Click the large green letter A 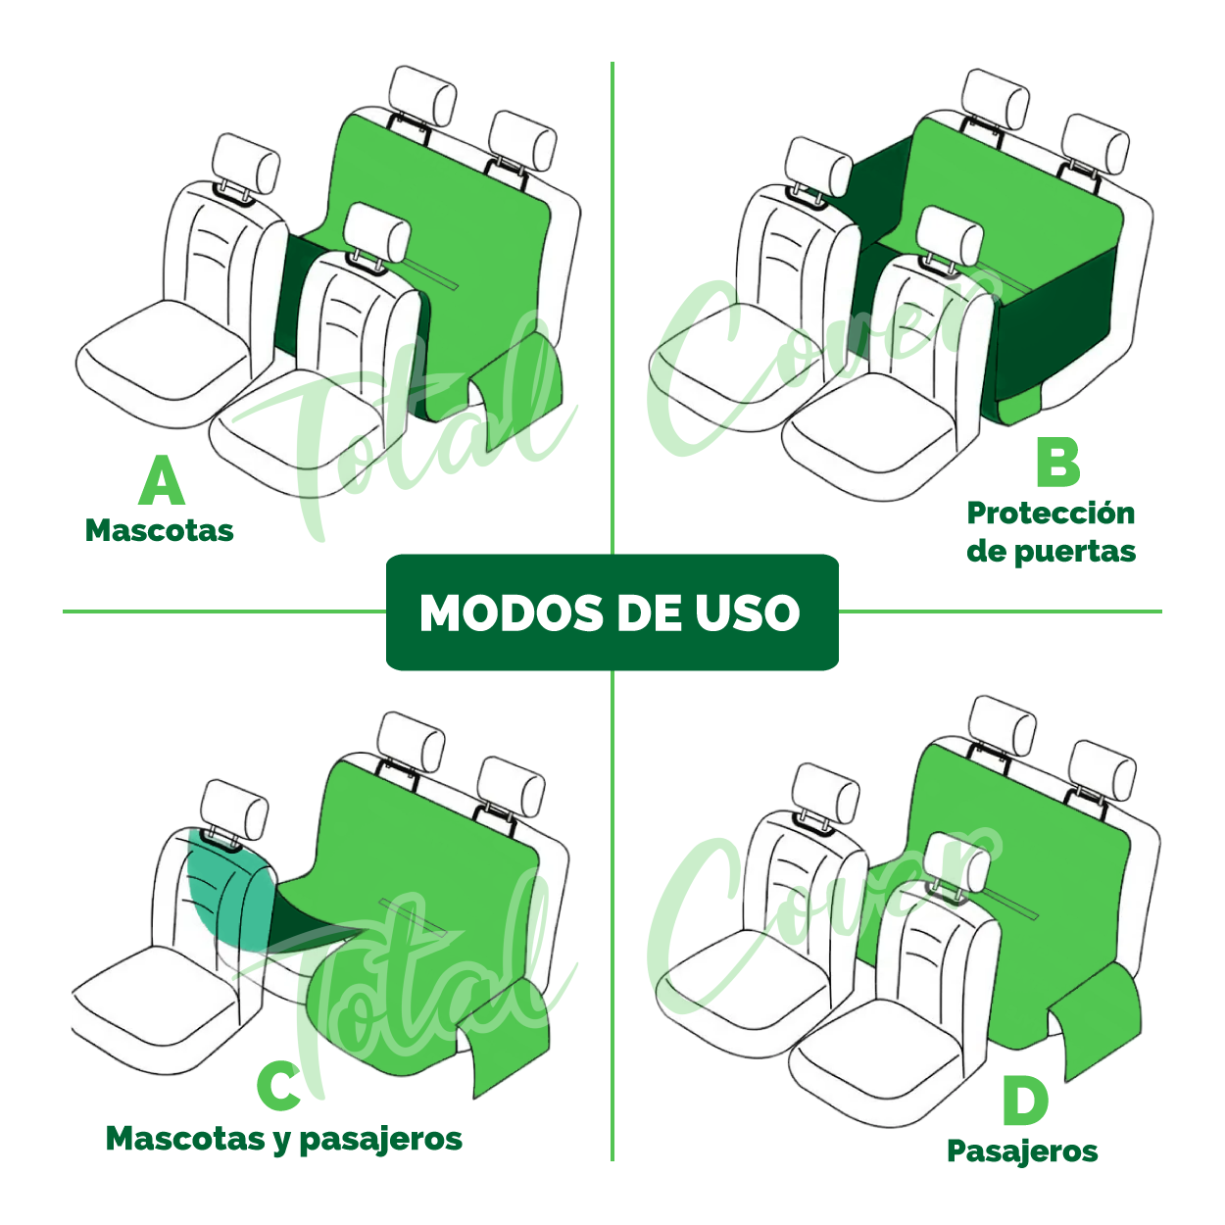162,480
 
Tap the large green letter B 1057,463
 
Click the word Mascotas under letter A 160,530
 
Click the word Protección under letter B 1051,513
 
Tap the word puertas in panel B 1075,553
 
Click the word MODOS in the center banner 512,613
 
